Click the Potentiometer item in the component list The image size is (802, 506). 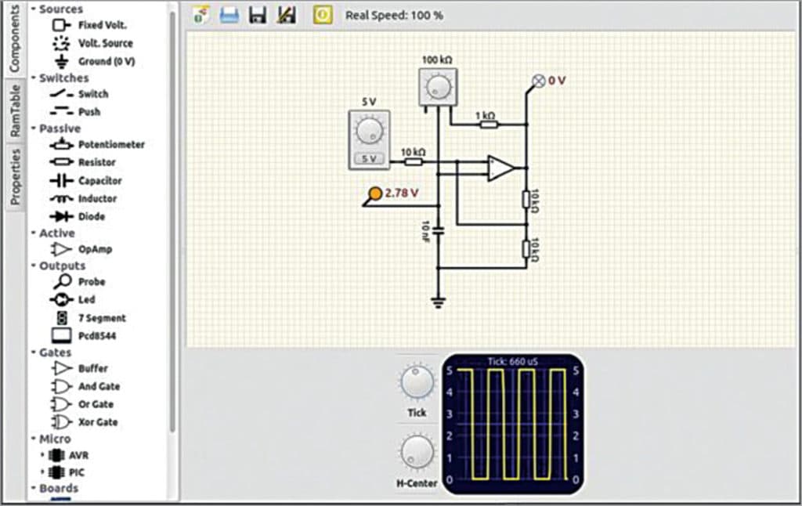coord(110,145)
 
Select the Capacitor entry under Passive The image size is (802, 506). coord(99,181)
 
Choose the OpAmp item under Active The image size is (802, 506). coord(95,249)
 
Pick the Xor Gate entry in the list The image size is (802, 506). coord(98,422)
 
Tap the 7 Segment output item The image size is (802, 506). coord(101,318)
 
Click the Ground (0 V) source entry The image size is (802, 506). coord(106,61)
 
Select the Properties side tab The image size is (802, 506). coord(15,176)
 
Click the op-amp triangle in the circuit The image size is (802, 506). coord(500,168)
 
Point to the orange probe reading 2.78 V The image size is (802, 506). coord(375,193)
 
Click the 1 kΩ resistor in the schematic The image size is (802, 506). coord(488,123)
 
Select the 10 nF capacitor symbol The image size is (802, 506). coord(438,231)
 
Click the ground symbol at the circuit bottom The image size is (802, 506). coord(438,301)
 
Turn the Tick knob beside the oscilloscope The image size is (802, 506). coord(417,383)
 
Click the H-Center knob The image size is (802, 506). coord(417,453)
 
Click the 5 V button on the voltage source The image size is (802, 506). coord(368,159)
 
